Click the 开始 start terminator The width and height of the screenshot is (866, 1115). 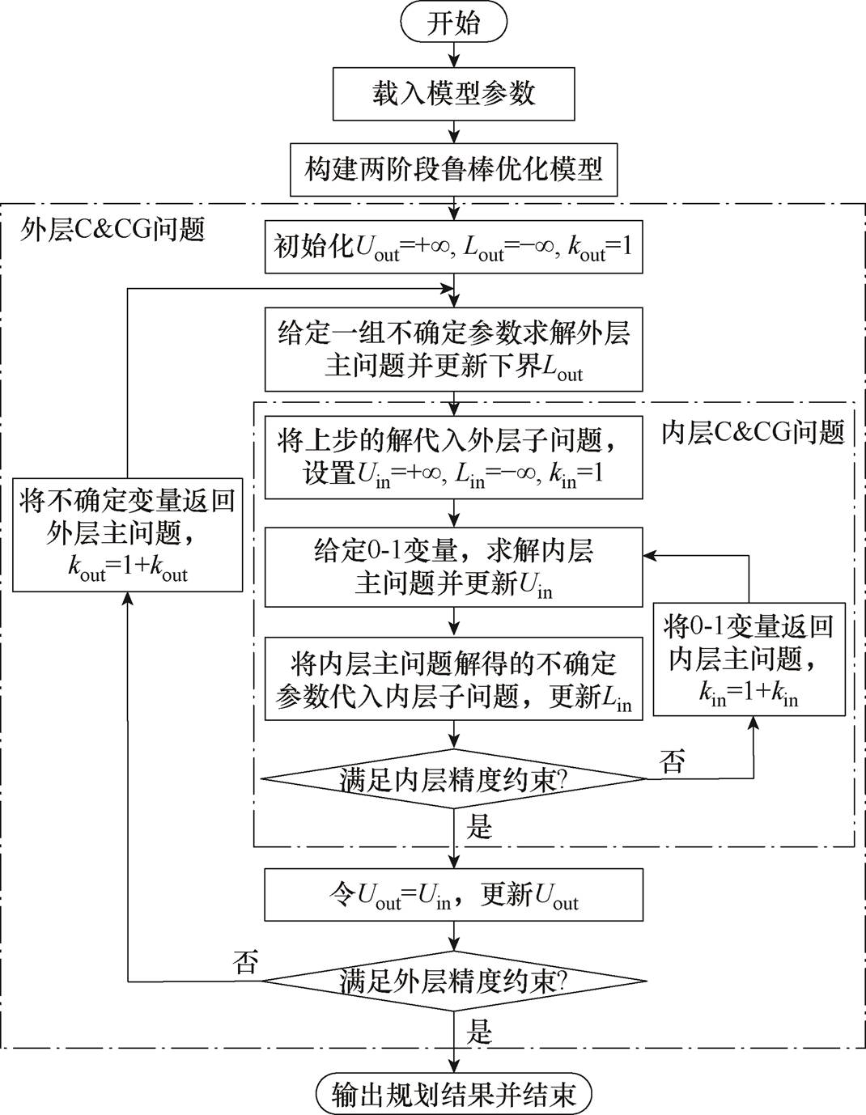pyautogui.click(x=453, y=23)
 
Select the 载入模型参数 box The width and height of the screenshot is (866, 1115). pyautogui.click(x=453, y=94)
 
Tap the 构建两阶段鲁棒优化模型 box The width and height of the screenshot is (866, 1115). pyautogui.click(x=453, y=170)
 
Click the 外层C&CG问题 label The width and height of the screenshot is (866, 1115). pyautogui.click(x=112, y=229)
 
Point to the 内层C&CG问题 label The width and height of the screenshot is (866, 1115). pyautogui.click(x=753, y=432)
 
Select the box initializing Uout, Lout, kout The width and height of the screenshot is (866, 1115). pyautogui.click(x=453, y=247)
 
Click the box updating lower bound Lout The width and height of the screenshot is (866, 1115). pyautogui.click(x=453, y=350)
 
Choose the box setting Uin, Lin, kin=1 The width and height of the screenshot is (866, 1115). pyautogui.click(x=453, y=457)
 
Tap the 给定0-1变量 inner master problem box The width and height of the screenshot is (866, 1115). pyautogui.click(x=453, y=567)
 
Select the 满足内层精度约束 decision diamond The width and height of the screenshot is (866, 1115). pyautogui.click(x=453, y=780)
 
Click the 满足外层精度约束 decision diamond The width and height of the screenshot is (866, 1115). pyautogui.click(x=453, y=981)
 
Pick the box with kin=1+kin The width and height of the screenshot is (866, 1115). pyautogui.click(x=749, y=659)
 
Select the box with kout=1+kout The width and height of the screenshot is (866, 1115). pyautogui.click(x=128, y=535)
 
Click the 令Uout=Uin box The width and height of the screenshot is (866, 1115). pyautogui.click(x=453, y=895)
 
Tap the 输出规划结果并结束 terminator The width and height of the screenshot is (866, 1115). pyautogui.click(x=453, y=1094)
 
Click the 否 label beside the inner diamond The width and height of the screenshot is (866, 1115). pyautogui.click(x=673, y=761)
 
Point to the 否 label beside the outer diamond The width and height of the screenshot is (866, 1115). pyautogui.click(x=245, y=962)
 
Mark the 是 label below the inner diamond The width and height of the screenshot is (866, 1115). pyautogui.click(x=479, y=827)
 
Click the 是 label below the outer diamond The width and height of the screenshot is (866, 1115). pyautogui.click(x=479, y=1031)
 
